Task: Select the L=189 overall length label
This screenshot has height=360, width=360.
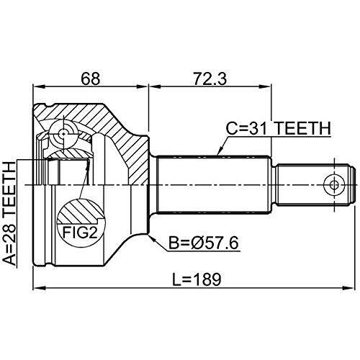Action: [x=197, y=279]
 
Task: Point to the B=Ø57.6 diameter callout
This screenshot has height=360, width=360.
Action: [x=203, y=243]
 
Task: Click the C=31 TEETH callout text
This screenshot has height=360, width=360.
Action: [x=279, y=128]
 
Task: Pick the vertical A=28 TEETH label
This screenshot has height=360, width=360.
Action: [x=10, y=213]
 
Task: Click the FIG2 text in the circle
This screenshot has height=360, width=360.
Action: [x=80, y=233]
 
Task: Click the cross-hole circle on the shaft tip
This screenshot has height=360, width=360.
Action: [x=334, y=185]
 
